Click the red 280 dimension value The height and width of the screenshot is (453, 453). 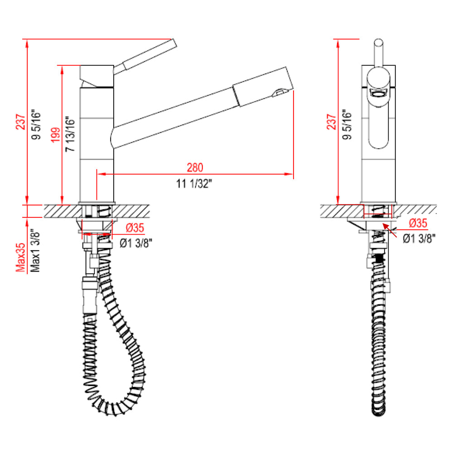(x=194, y=167)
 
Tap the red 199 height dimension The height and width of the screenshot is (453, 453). (x=55, y=135)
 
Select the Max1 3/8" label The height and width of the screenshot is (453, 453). (x=36, y=252)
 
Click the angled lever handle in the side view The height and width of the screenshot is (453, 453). (x=145, y=54)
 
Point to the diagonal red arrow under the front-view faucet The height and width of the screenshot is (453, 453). (x=388, y=228)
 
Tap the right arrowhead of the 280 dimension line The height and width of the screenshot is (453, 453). (x=290, y=174)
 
